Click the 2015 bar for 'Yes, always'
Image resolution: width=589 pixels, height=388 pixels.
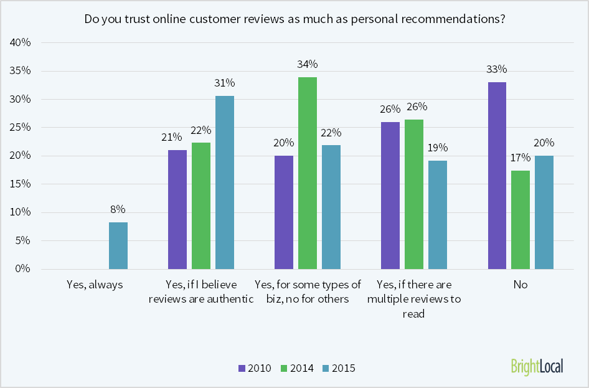click(x=118, y=245)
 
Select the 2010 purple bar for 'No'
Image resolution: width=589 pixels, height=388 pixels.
click(x=497, y=176)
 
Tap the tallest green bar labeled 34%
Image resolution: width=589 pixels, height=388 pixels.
click(x=308, y=173)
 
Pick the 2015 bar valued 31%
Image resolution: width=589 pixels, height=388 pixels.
click(x=225, y=182)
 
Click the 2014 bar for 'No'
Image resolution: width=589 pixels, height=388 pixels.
click(x=521, y=220)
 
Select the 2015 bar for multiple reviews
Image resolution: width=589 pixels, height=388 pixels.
click(x=438, y=215)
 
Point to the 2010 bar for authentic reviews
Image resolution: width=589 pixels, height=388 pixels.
click(x=177, y=209)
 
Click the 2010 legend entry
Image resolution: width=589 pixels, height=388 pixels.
click(x=255, y=368)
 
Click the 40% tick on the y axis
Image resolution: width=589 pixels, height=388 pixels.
click(x=21, y=43)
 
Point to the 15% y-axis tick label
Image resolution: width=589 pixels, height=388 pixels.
click(x=21, y=184)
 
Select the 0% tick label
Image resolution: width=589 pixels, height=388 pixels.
click(x=23, y=269)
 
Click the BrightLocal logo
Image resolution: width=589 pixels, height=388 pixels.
click(x=537, y=366)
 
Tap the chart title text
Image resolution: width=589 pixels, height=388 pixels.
click(x=294, y=19)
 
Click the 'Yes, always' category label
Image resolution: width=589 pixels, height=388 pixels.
click(x=95, y=285)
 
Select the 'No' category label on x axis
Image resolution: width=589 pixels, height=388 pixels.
click(x=521, y=285)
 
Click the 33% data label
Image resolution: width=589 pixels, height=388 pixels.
click(x=497, y=69)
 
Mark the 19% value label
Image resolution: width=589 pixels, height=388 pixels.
click(x=438, y=148)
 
